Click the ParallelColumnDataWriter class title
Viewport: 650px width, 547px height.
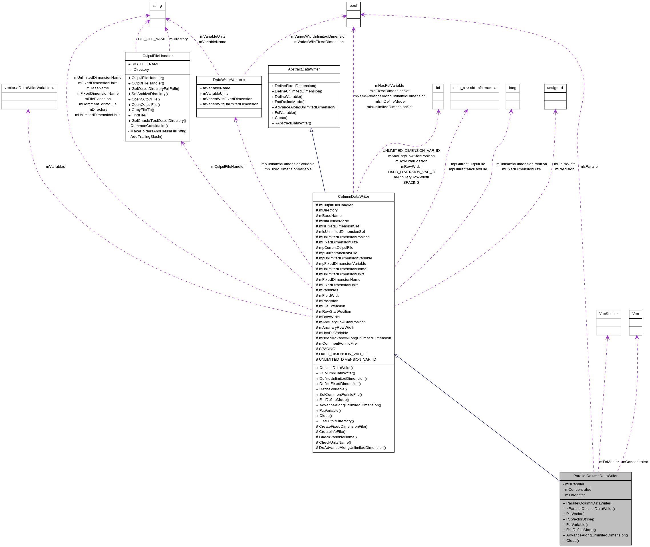tap(595, 476)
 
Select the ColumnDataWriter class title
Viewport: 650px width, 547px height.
tap(353, 197)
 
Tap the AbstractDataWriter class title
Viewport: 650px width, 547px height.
tap(304, 69)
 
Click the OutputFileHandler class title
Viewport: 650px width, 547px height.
tap(158, 56)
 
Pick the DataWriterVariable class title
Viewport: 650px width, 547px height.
tap(229, 80)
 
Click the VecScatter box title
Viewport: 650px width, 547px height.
tap(608, 314)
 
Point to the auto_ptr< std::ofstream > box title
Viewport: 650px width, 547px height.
tap(474, 88)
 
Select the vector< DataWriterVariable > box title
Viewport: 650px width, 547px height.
tap(29, 88)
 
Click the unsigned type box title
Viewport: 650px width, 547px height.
tap(555, 88)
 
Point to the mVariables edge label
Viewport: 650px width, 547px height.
tap(56, 167)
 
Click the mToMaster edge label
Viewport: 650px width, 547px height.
tap(609, 462)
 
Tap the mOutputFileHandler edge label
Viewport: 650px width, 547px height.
tap(228, 167)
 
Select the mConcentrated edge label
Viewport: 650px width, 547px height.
tap(635, 462)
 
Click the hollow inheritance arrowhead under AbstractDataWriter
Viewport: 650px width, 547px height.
tap(311, 130)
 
